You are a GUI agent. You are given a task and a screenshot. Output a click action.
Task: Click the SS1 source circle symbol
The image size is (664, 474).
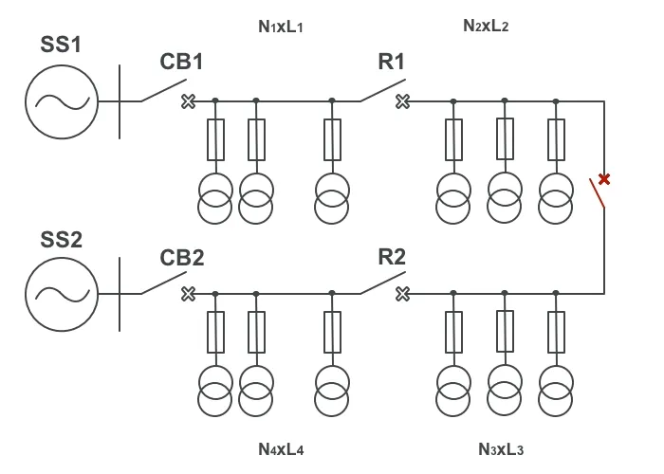click(x=61, y=100)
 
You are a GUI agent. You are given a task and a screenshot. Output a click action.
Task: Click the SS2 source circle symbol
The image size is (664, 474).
click(x=61, y=294)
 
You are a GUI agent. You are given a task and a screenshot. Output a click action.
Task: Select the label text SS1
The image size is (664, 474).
click(x=62, y=46)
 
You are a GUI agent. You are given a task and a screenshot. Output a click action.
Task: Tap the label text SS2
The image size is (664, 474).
click(x=62, y=239)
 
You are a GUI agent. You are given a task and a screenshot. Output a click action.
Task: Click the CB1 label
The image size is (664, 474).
click(x=181, y=63)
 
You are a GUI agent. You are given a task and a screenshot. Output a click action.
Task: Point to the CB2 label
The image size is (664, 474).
click(x=181, y=257)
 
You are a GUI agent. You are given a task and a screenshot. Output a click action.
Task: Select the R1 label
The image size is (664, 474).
click(x=392, y=63)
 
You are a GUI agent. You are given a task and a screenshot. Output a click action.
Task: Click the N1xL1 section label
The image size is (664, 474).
click(x=281, y=27)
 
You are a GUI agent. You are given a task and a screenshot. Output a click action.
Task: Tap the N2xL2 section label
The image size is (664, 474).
click(x=487, y=27)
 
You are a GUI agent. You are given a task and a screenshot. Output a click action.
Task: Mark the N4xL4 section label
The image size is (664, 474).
click(x=281, y=448)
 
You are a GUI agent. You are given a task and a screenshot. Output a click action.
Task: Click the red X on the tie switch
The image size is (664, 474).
click(x=603, y=178)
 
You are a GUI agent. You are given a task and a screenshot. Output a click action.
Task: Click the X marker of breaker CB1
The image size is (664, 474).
click(x=188, y=100)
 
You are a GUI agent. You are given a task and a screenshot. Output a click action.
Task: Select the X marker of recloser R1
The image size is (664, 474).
click(x=402, y=100)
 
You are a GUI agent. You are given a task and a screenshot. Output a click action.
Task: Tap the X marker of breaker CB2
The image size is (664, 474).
click(x=188, y=293)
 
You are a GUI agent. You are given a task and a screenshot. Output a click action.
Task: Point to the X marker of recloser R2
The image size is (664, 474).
click(x=402, y=293)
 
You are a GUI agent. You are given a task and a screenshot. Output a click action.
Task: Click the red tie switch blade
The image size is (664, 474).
click(x=597, y=193)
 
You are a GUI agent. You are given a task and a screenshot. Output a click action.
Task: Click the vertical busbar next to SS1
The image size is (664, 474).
click(x=120, y=100)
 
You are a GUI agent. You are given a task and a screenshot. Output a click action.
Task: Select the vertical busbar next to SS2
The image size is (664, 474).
click(x=120, y=294)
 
